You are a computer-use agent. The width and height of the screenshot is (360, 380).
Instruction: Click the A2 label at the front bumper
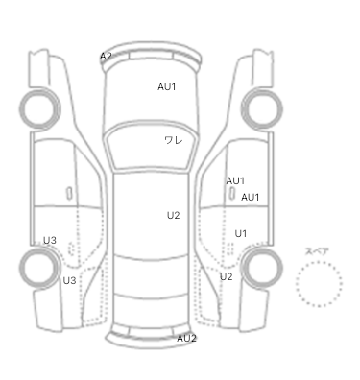(x=106, y=57)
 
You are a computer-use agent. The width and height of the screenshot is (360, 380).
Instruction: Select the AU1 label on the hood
(x=167, y=86)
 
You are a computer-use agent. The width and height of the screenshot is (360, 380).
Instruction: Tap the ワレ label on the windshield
(x=174, y=140)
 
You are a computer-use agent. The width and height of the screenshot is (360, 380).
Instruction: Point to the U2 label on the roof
(x=173, y=216)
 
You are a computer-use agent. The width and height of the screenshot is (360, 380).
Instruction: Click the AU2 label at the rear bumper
(x=186, y=338)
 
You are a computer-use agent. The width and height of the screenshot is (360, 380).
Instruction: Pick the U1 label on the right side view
(x=241, y=234)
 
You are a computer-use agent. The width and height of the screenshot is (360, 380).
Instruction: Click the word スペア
(x=317, y=251)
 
